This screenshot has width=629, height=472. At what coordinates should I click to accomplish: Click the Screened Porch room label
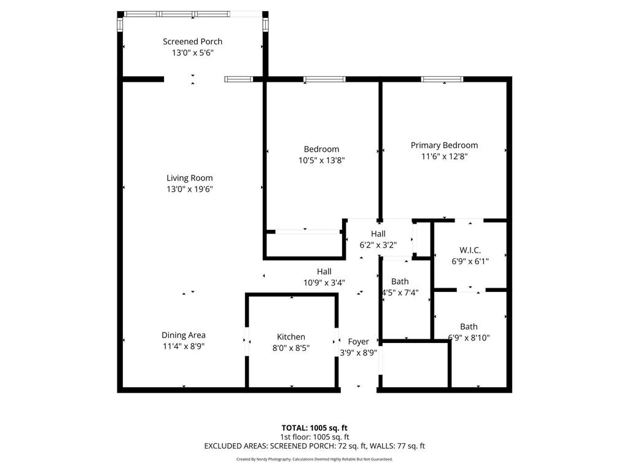192,42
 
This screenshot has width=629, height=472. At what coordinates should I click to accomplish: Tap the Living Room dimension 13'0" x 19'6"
190,189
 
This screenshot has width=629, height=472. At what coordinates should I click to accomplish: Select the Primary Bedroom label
444,145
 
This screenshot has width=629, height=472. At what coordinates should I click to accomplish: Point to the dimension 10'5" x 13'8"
321,160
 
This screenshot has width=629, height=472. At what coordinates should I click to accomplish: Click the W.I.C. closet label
470,250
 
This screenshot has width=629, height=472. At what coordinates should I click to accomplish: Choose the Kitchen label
291,337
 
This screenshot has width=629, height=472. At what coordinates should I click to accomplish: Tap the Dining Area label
184,335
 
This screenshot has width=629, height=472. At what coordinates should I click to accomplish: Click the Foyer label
358,342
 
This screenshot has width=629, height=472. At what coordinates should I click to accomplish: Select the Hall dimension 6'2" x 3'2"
378,245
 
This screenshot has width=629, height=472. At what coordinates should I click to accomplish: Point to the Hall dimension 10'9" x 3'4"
324,283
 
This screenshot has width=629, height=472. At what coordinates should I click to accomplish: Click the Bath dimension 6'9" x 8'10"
469,337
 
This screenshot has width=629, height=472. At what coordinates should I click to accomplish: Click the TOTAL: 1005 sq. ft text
314,428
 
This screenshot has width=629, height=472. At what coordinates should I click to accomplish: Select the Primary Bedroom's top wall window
442,79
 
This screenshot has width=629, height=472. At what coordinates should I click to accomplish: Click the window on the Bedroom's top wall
324,79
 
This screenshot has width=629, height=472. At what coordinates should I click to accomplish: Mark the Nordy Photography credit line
314,459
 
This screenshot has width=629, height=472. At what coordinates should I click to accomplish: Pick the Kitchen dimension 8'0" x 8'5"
291,348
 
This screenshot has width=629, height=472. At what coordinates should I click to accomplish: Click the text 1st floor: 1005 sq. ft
314,437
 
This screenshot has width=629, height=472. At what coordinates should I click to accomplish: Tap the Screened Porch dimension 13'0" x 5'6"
192,53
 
